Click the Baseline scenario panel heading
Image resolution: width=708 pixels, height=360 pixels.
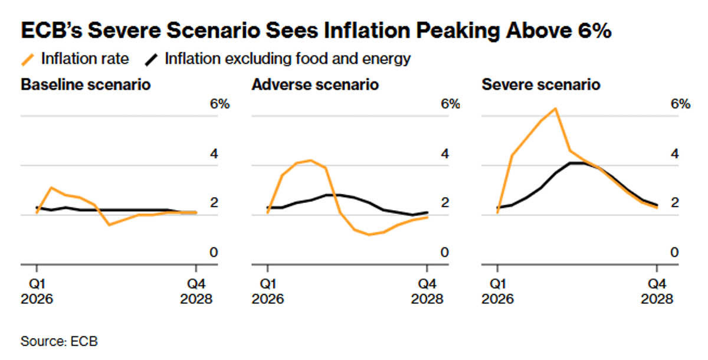86,85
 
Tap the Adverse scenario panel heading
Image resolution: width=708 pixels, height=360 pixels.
315,85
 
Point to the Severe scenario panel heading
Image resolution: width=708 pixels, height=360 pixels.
541,85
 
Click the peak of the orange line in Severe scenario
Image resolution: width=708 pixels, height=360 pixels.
555,109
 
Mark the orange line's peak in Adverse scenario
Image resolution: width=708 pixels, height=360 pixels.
311,160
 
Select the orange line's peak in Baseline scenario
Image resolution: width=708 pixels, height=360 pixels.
52,188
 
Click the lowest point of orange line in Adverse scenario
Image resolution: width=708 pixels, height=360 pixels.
369,235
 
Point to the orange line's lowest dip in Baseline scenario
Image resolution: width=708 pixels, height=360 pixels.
109,225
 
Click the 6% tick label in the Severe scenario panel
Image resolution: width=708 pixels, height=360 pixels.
680,104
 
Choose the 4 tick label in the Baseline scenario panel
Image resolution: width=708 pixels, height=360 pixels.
214,155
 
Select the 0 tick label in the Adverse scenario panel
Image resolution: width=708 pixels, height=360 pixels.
445,253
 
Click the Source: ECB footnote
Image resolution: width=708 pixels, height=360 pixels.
59,341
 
